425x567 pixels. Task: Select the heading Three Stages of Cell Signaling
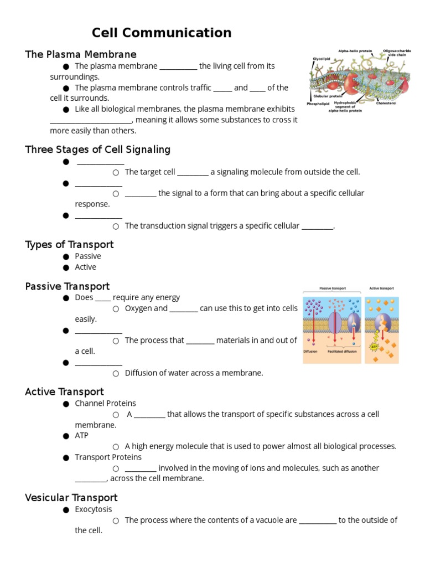tap(98, 150)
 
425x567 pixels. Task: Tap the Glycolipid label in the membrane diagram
tap(322, 58)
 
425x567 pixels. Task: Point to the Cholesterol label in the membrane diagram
tap(386, 103)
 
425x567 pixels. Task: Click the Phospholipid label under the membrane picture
tap(318, 104)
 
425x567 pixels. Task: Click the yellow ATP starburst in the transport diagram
tap(374, 347)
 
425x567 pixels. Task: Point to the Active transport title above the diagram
tap(381, 288)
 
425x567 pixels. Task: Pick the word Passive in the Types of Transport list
tap(88, 256)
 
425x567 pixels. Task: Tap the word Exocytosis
tap(94, 509)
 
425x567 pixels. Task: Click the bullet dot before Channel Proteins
tap(66, 404)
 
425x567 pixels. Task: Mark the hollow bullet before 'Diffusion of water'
tap(116, 373)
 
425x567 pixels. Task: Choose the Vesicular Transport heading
tap(71, 498)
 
